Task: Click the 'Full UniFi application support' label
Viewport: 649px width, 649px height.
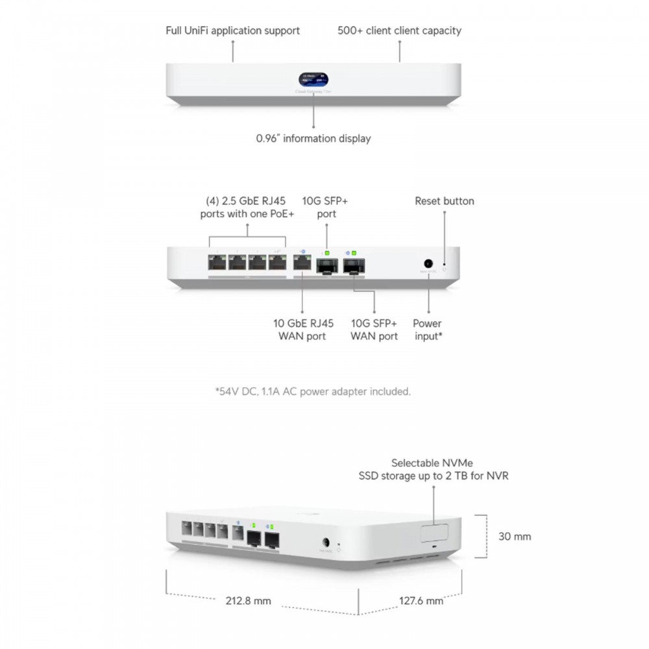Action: coord(232,31)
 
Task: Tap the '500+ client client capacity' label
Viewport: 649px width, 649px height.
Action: coord(399,31)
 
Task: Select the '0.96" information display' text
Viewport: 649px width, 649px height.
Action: coord(313,138)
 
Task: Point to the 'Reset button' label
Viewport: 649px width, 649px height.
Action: coord(445,201)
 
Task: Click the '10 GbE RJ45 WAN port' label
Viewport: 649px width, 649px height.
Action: coord(302,330)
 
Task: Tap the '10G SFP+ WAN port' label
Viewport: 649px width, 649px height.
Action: coord(374,330)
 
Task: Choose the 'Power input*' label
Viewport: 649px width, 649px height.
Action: coord(428,330)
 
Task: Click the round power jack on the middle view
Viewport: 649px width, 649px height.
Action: coord(428,263)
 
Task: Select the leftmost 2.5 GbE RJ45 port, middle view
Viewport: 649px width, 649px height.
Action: coord(215,263)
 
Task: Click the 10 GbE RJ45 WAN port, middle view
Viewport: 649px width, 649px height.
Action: coord(302,263)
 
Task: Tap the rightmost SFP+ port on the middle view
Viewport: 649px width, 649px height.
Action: coord(353,264)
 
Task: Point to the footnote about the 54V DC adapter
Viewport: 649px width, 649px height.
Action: coord(313,391)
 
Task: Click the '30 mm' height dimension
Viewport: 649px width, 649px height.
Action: coord(515,536)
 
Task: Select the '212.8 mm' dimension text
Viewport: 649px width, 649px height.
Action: coord(249,600)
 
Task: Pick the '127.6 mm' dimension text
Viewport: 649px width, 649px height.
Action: coord(421,600)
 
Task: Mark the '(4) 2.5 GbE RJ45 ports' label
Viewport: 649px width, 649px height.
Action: coord(247,208)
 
